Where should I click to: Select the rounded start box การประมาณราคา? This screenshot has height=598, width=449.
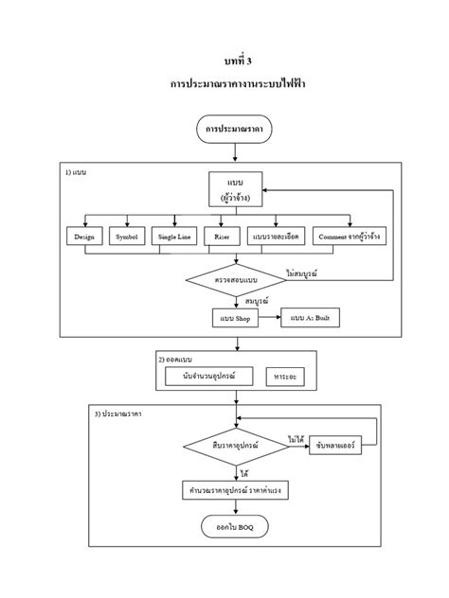coord(235,127)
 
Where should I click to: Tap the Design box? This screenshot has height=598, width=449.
coord(84,237)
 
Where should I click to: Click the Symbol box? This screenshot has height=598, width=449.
coord(127,237)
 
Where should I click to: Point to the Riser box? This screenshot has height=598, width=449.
coord(220,237)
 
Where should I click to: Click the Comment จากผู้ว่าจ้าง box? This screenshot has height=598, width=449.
coord(350,237)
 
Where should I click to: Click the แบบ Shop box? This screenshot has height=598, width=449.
coord(235,319)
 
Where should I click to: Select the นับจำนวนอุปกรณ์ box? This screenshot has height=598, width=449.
coord(207,377)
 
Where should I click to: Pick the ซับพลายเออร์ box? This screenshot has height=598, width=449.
coord(335,446)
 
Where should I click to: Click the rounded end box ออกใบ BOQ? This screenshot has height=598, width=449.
coord(235,525)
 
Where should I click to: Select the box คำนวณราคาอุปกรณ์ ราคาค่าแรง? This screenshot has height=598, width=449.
coord(235,490)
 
